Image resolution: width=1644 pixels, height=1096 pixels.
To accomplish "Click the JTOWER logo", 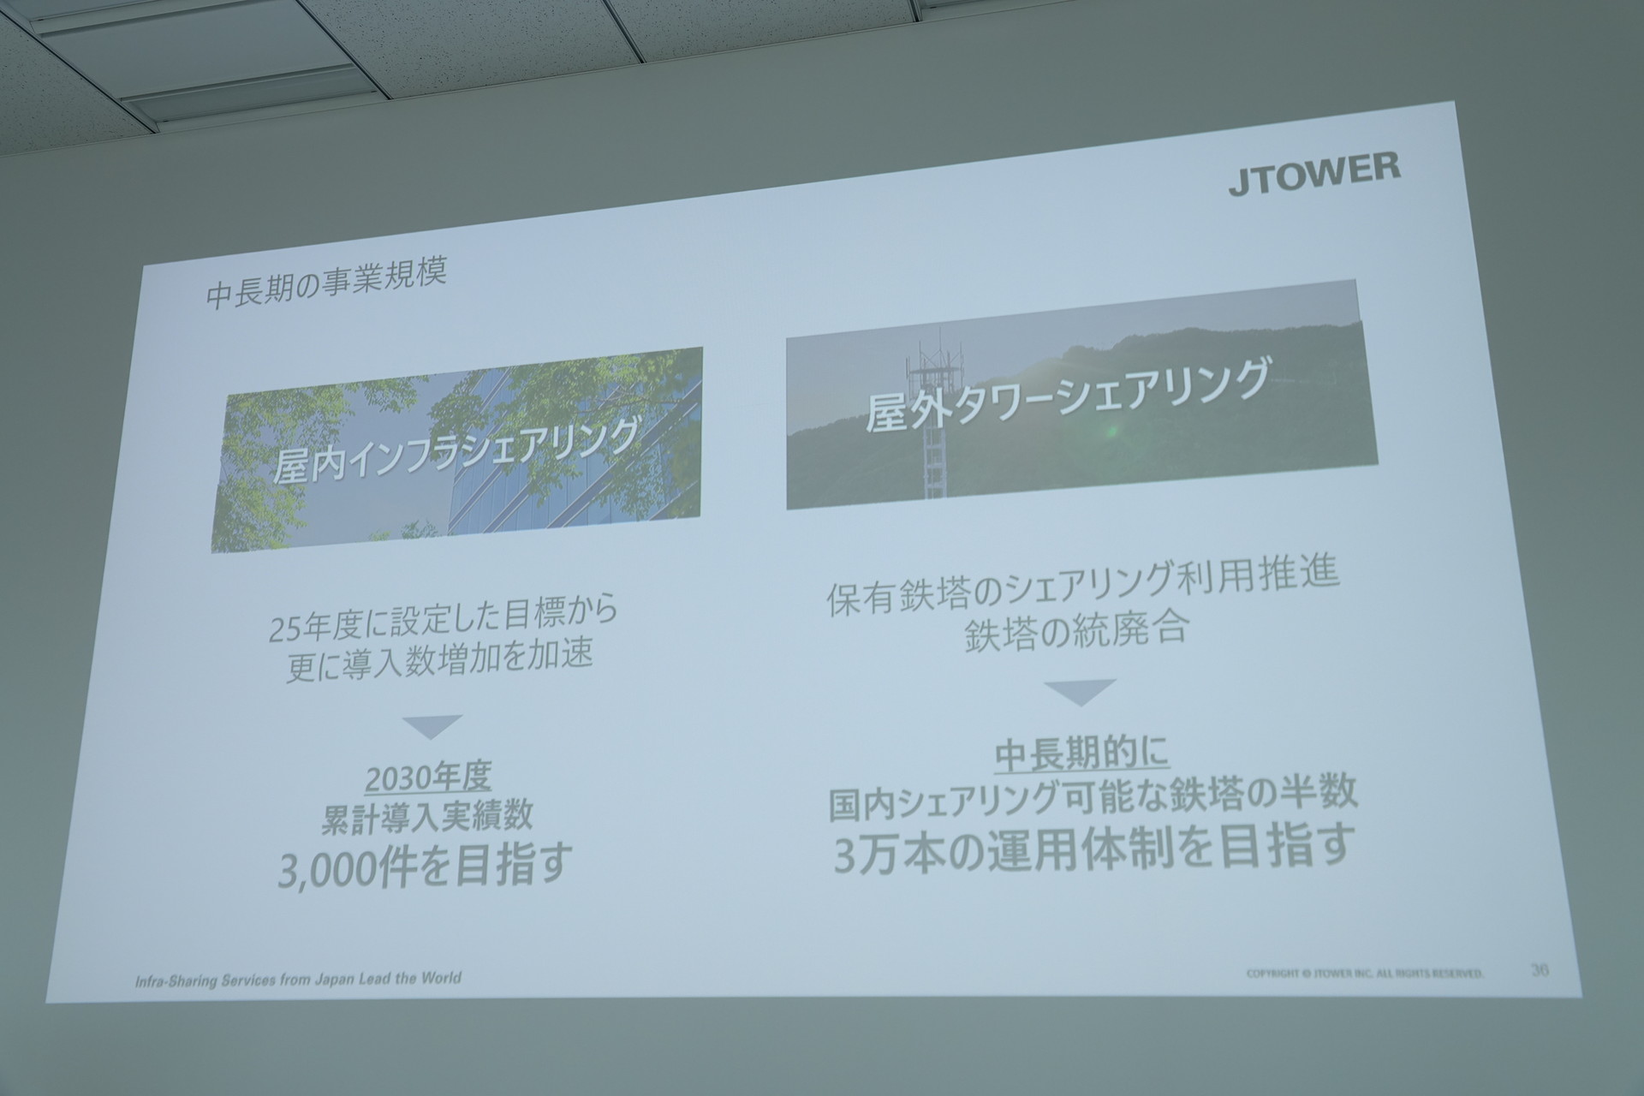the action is point(1314,175).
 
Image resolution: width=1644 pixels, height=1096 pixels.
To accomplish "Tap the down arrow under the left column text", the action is point(432,726).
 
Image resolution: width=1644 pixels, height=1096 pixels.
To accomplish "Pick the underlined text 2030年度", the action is point(428,777).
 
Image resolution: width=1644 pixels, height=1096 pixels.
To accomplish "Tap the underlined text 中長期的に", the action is point(1081,754).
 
